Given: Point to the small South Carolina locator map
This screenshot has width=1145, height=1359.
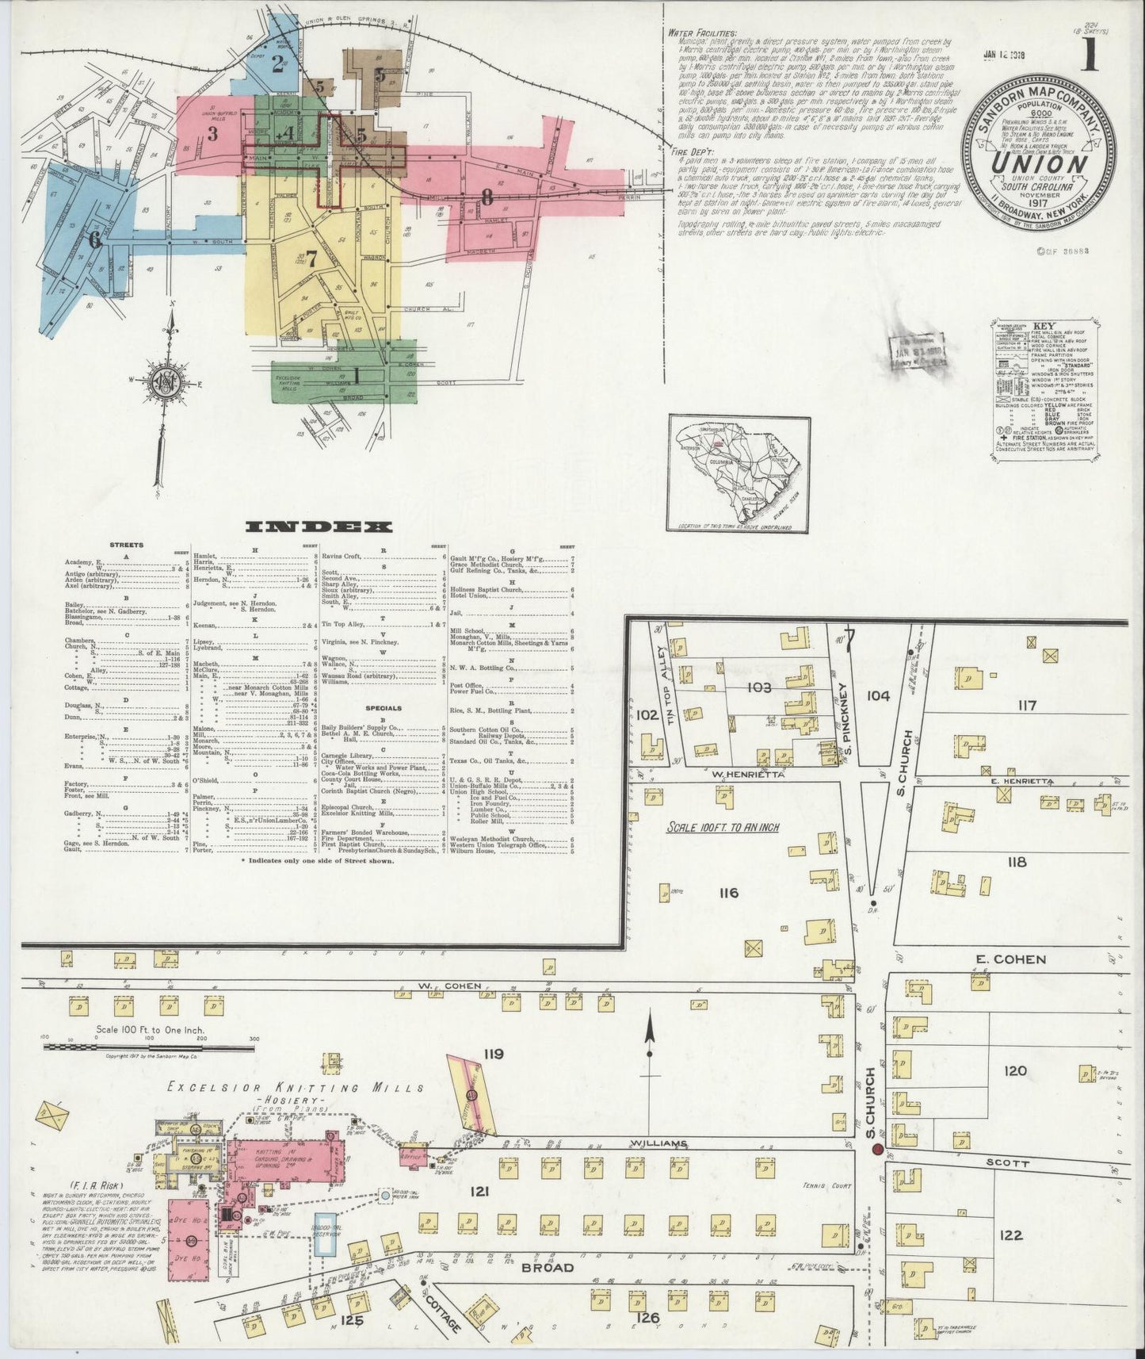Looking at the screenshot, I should (738, 473).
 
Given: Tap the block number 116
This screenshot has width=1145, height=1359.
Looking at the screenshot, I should (728, 893).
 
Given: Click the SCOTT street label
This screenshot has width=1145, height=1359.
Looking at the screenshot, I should (1009, 1164).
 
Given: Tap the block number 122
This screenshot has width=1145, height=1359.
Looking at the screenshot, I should (1012, 1235).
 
